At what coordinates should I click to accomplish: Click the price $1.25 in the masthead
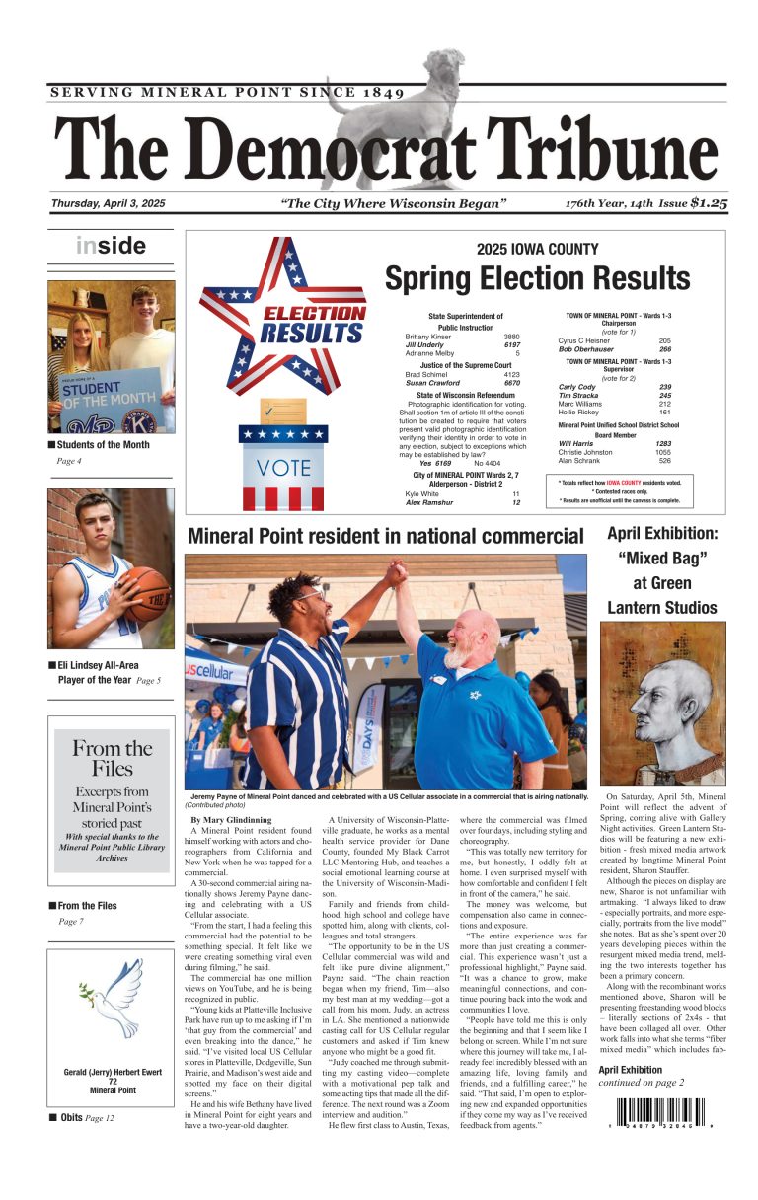point(708,203)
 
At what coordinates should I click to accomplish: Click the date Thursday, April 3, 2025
point(109,204)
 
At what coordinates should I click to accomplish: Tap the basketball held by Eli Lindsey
point(147,593)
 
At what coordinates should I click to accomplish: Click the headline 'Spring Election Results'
point(537,278)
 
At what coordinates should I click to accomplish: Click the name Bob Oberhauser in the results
point(587,349)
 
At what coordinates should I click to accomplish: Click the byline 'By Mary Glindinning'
point(230,820)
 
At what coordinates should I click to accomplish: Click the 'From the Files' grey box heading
point(112,757)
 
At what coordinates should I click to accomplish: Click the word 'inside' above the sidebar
point(111,246)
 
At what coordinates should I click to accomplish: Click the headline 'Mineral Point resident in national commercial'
point(385,536)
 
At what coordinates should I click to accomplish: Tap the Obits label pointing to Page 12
point(71,1118)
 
